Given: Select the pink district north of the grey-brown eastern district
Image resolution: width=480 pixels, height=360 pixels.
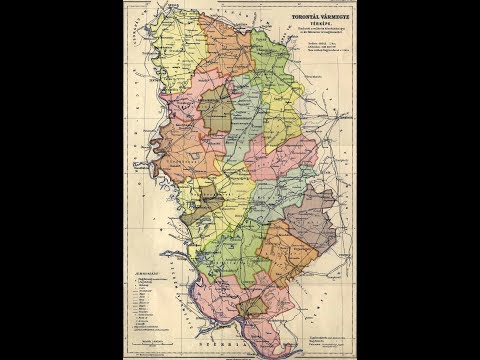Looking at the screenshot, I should (300, 165).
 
